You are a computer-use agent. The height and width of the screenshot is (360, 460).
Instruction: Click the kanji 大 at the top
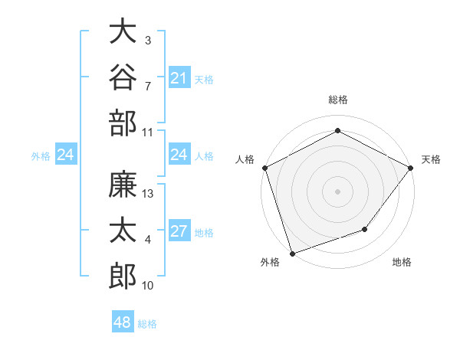[x=123, y=31]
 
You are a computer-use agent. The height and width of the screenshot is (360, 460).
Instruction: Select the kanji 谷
[x=123, y=77]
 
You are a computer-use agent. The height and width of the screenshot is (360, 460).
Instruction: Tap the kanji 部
[x=123, y=123]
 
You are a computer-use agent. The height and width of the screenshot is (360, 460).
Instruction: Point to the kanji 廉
[x=123, y=184]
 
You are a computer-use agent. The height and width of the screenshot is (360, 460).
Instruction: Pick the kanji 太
[x=123, y=230]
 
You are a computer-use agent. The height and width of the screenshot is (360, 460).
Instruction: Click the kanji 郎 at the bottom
[x=123, y=277]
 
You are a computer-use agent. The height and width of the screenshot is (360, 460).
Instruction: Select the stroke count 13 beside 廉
[x=147, y=194]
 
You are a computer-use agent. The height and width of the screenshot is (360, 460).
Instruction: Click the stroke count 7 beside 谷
[x=148, y=87]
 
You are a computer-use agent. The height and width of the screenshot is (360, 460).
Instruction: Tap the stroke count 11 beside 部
[x=147, y=133]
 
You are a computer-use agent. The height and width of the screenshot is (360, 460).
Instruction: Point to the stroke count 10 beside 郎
[x=147, y=286]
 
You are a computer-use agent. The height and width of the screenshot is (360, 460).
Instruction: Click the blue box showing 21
[x=179, y=77]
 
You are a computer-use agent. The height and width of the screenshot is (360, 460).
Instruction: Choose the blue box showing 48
[x=123, y=321]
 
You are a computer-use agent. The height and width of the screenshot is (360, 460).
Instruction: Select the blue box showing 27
[x=179, y=230]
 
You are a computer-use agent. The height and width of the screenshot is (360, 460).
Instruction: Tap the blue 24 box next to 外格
[x=66, y=154]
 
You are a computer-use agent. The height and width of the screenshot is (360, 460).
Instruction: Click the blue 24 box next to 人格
[x=179, y=154]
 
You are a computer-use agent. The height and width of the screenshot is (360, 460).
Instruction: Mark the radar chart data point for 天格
[x=410, y=168]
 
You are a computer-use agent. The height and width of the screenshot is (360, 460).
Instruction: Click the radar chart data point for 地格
[x=365, y=229]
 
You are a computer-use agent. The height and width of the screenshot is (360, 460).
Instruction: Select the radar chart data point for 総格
[x=337, y=130]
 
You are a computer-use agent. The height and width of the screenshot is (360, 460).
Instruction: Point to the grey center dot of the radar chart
[x=337, y=191]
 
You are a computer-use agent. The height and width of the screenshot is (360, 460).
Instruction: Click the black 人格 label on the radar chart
[x=245, y=159]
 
